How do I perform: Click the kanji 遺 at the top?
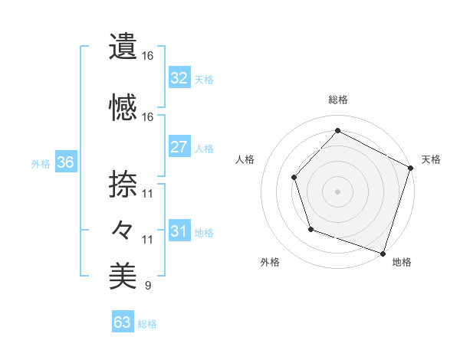point(123,47)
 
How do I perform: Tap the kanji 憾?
point(123,107)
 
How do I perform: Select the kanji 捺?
point(123,184)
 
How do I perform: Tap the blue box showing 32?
point(179,78)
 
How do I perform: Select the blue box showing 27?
point(179,147)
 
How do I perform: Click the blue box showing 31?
point(179,231)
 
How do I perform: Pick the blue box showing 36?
point(64,162)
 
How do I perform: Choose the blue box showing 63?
point(123,322)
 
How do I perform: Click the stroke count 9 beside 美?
point(147,286)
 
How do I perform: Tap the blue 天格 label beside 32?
point(204,79)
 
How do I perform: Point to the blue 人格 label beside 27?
point(204,148)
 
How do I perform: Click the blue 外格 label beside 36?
point(41,163)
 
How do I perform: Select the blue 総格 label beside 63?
point(147,323)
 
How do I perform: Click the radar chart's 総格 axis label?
point(338,100)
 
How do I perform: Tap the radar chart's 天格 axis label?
point(432,159)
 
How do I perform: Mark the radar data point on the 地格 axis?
point(382,252)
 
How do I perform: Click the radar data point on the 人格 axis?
point(294,178)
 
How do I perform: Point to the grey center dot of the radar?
point(337,191)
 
